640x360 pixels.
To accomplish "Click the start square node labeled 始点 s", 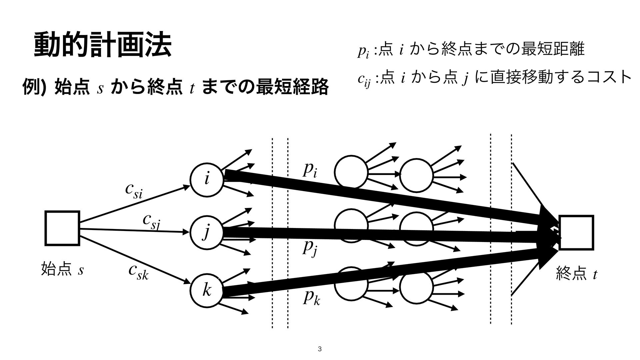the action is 62,228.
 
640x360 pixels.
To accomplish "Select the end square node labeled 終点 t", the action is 576,232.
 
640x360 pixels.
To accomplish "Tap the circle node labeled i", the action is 207,179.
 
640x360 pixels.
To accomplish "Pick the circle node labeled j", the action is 207,232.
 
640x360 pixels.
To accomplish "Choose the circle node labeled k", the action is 207,290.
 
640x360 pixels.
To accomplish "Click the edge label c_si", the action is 134,190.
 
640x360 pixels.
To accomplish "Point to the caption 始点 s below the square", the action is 62,269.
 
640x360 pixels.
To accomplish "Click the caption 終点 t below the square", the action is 577,275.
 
